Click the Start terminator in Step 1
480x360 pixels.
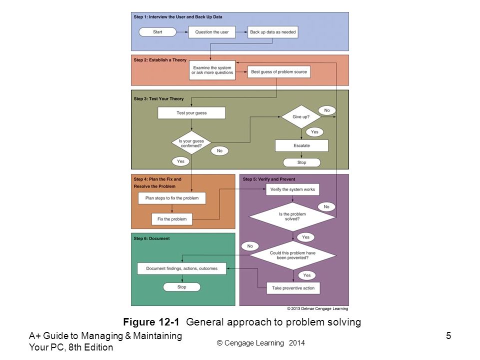click(157, 32)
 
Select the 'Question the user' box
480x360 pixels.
click(212, 32)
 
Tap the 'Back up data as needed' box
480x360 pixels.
click(273, 32)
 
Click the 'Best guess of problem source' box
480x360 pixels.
click(279, 71)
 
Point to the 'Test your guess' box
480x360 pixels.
click(191, 112)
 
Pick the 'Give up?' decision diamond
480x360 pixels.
click(301, 116)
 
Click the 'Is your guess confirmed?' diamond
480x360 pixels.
click(191, 142)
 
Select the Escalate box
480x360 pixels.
click(301, 145)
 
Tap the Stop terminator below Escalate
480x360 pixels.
click(301, 162)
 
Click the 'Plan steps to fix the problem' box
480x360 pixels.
click(171, 198)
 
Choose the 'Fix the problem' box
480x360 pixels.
click(172, 219)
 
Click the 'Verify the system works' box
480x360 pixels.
click(292, 189)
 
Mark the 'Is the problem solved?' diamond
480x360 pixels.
click(292, 216)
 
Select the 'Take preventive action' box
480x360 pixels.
click(293, 288)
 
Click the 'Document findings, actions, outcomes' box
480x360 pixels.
click(182, 268)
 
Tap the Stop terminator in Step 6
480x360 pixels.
click(182, 287)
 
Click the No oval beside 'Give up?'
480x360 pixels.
click(327, 110)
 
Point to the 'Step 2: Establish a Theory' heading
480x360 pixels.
click(160, 60)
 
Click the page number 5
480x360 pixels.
click(448, 336)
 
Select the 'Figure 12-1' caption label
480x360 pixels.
click(151, 322)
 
